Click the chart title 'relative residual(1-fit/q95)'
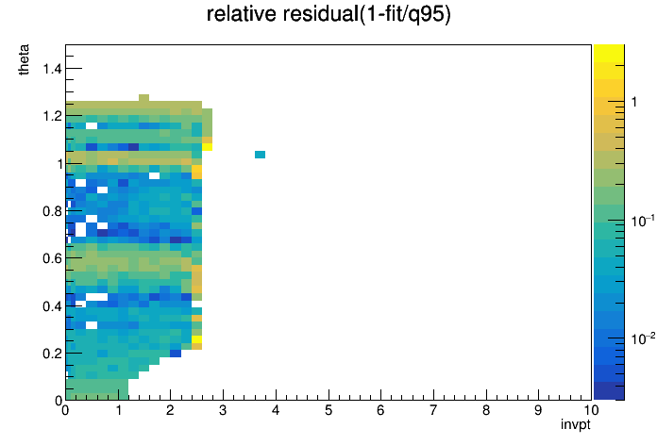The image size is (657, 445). [x=328, y=14]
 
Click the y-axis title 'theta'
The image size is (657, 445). [x=24, y=59]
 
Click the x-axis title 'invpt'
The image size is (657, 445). [x=575, y=424]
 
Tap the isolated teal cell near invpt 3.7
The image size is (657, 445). [x=260, y=155]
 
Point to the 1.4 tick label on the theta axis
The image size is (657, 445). [x=52, y=68]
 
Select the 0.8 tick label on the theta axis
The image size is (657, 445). [x=52, y=211]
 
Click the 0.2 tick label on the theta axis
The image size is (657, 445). [x=52, y=354]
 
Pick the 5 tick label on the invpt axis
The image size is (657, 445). [x=328, y=410]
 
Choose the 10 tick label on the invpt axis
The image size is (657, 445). [x=591, y=410]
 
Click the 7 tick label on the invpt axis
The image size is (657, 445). [x=433, y=410]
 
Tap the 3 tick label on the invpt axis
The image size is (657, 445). [x=223, y=410]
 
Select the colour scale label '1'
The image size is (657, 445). [x=634, y=102]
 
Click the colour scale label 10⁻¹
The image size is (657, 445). [x=642, y=220]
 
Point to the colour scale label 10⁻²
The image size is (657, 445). [x=642, y=338]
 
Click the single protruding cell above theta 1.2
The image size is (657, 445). [x=143, y=98]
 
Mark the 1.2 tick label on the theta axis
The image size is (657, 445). [x=52, y=116]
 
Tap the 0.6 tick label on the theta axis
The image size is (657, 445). [x=52, y=258]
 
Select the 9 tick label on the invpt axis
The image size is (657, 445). [x=538, y=410]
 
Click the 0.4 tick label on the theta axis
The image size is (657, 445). [x=52, y=306]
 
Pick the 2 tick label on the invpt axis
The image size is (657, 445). [x=170, y=410]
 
